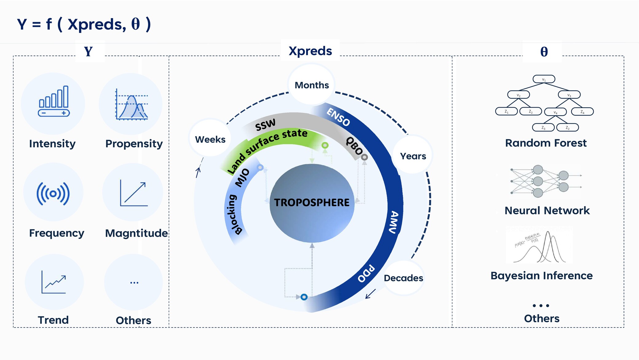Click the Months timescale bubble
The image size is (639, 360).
pyautogui.click(x=311, y=85)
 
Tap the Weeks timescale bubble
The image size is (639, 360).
pyautogui.click(x=210, y=139)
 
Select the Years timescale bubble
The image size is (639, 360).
pyautogui.click(x=413, y=156)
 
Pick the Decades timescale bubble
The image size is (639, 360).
pyautogui.click(x=403, y=278)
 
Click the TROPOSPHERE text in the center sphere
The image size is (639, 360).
pyautogui.click(x=312, y=202)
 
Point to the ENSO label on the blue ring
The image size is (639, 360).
pyautogui.click(x=338, y=117)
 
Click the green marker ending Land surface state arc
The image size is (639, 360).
pyautogui.click(x=325, y=145)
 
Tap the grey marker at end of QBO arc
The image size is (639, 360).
pyautogui.click(x=365, y=157)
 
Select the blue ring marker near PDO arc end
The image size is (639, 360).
pyautogui.click(x=304, y=297)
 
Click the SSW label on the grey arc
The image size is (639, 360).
pyautogui.click(x=265, y=125)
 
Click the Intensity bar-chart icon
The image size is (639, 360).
pyautogui.click(x=54, y=101)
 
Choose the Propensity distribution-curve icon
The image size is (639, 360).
pyautogui.click(x=132, y=105)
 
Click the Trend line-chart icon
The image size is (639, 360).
pyautogui.click(x=54, y=282)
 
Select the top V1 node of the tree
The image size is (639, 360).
pyautogui.click(x=544, y=79)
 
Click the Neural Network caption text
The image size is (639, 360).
pyautogui.click(x=547, y=211)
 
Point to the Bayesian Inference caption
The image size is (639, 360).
pyautogui.click(x=541, y=276)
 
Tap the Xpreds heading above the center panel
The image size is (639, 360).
pyautogui.click(x=310, y=51)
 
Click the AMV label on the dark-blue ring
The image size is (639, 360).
pyautogui.click(x=394, y=222)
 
